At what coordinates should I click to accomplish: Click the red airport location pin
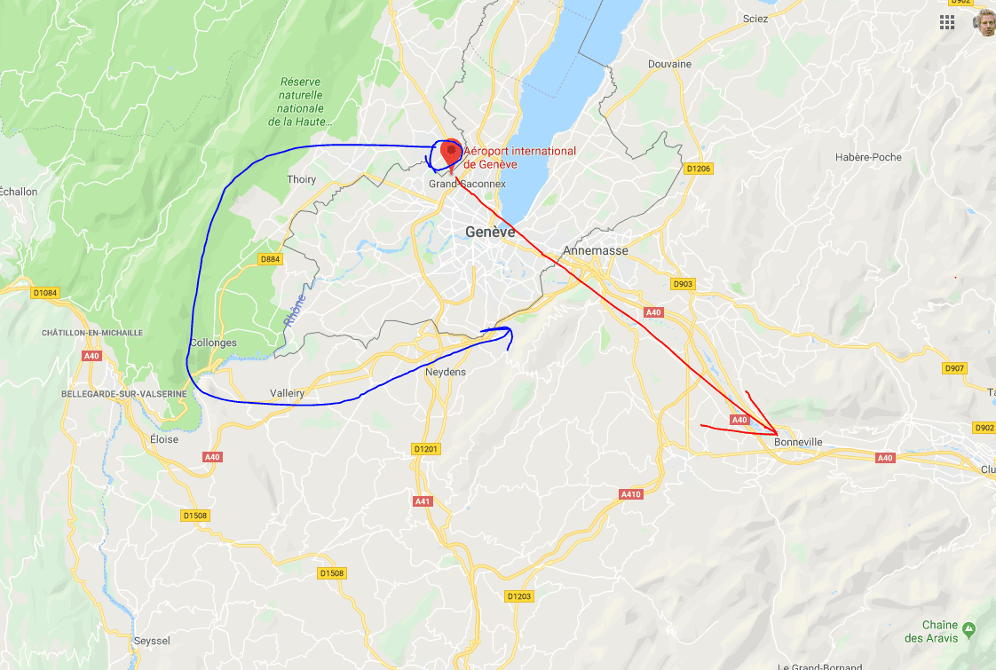pos(451,152)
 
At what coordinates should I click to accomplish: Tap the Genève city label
pos(490,232)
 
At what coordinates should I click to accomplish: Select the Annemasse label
pos(595,250)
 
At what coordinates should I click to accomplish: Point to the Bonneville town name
pos(798,442)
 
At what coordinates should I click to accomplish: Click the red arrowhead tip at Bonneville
pos(776,434)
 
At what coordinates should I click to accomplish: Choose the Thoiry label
pos(302,179)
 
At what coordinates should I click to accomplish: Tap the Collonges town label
pos(213,343)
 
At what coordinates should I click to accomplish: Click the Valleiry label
pos(288,393)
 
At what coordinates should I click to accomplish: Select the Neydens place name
pos(446,372)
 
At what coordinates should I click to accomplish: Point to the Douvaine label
pos(669,64)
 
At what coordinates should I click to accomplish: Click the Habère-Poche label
pos(868,157)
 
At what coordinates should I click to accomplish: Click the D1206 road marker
pos(699,169)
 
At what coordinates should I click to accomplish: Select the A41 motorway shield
pos(423,501)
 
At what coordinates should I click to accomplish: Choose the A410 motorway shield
pos(630,493)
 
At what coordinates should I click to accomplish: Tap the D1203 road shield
pos(518,595)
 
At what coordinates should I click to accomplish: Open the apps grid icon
pos(947,22)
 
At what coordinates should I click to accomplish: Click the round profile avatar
pos(984,22)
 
